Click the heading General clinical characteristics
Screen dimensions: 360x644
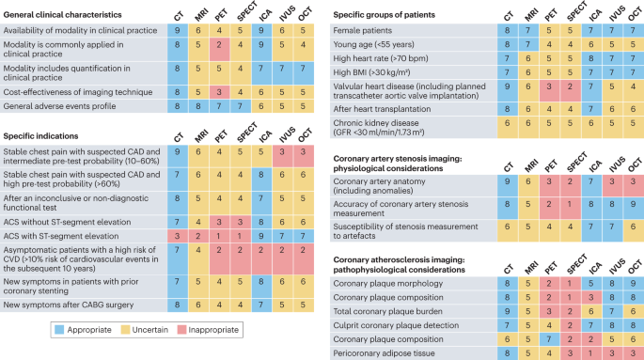tap(74, 16)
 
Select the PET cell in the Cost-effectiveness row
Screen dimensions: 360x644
tap(218, 91)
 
